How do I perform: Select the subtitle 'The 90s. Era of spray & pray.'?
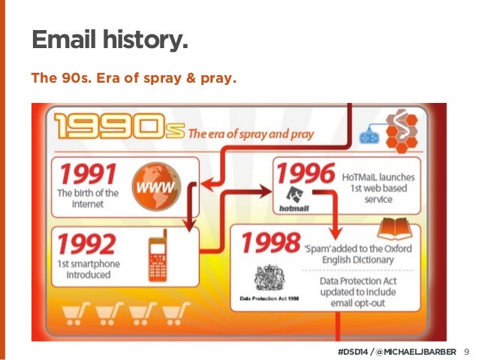(x=132, y=77)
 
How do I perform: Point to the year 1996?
(x=304, y=174)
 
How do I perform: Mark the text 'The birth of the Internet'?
(x=88, y=198)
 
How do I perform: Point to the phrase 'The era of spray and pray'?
(x=260, y=135)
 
